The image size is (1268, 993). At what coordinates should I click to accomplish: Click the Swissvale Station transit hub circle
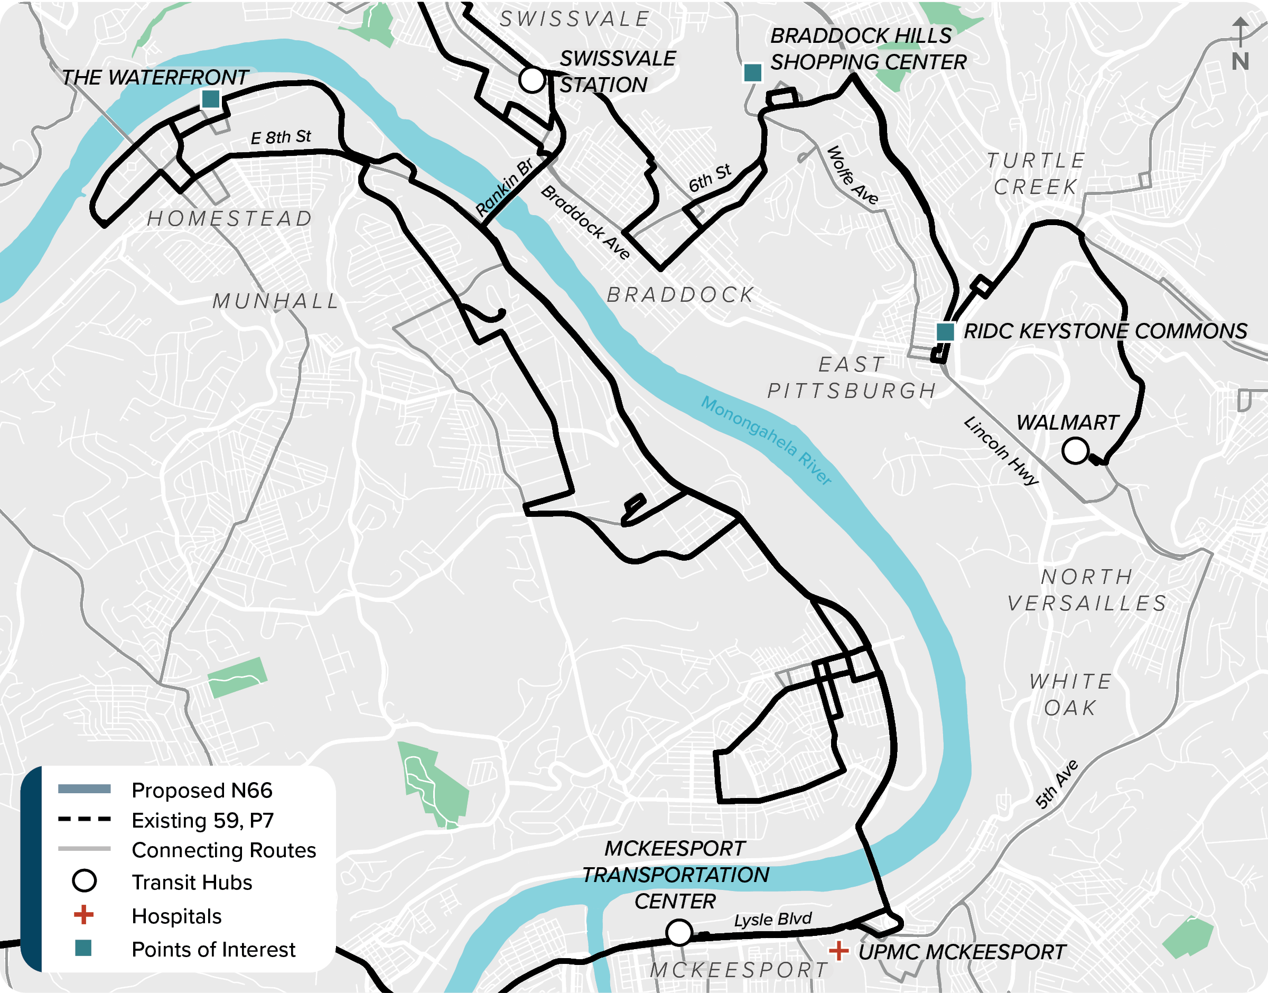point(531,80)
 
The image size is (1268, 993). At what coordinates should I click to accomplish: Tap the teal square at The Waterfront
point(210,99)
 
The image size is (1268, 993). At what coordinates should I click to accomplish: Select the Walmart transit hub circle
point(1075,451)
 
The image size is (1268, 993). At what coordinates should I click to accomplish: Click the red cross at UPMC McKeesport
point(838,951)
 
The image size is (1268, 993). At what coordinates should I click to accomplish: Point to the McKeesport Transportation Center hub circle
point(679,932)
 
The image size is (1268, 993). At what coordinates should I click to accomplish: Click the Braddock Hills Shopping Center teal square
point(752,73)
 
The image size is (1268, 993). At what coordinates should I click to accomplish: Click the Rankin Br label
point(504,187)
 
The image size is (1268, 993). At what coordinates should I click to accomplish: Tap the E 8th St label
point(281,138)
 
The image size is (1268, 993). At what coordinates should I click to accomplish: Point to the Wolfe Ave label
point(853,175)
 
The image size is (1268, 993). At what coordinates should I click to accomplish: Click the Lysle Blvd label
point(772,920)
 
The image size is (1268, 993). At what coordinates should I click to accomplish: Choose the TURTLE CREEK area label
point(1036,173)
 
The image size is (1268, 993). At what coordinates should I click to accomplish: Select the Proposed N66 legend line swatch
point(84,789)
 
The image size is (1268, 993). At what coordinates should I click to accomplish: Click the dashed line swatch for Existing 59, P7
point(84,819)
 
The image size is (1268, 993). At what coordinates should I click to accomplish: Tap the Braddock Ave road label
point(585,222)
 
